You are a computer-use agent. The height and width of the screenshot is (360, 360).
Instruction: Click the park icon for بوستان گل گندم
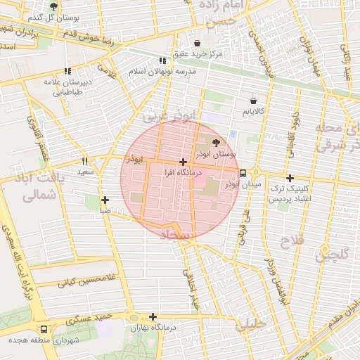point(53,6)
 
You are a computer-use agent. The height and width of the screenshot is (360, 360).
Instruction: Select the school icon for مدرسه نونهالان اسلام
point(163,61)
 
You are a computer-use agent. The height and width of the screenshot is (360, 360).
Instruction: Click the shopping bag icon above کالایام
point(254,100)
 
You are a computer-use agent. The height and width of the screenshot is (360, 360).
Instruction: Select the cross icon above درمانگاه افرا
point(183,162)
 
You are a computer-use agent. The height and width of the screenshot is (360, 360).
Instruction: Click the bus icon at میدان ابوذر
point(243,173)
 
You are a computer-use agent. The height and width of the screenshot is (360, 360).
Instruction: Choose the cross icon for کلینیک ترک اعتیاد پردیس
point(290,179)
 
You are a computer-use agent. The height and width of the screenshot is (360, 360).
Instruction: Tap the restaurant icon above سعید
point(85,160)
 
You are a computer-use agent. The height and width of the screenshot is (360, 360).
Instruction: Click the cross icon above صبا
point(105,200)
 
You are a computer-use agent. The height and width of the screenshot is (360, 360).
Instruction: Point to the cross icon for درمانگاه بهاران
point(153,316)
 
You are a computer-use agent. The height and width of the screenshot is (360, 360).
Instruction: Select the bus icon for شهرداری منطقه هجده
point(44,328)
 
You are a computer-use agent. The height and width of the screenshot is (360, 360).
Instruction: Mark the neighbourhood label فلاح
point(294,243)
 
